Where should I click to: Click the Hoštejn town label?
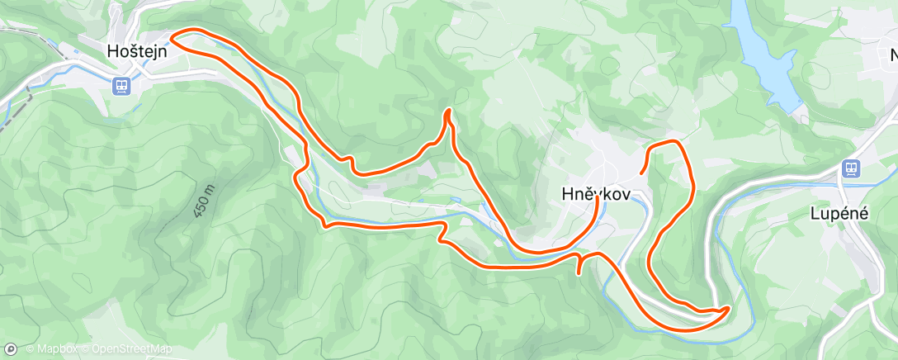(x=137, y=51)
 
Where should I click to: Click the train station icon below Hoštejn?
(x=121, y=84)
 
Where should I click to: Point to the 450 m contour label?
(x=206, y=201)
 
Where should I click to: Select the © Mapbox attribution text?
(x=50, y=349)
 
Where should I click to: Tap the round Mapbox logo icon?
(x=11, y=349)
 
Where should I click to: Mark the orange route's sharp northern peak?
(x=448, y=111)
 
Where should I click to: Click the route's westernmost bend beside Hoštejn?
(x=173, y=36)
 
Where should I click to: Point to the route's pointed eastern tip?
(x=728, y=308)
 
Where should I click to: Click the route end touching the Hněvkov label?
(x=597, y=201)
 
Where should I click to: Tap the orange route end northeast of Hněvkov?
(x=641, y=173)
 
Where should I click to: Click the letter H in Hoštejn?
(x=112, y=51)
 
